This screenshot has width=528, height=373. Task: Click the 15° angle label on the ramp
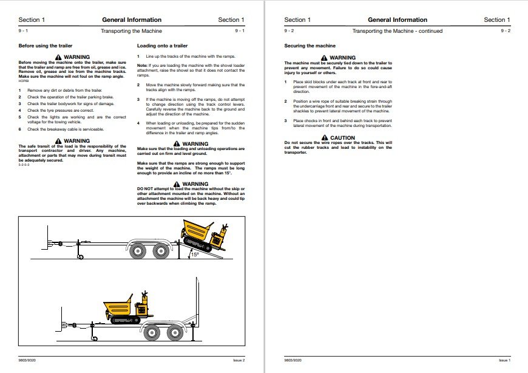195,255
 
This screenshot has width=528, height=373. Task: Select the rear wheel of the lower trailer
175,332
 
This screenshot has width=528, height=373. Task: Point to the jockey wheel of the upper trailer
80,258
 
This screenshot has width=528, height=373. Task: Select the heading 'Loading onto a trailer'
162,46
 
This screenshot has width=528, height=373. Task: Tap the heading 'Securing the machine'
310,46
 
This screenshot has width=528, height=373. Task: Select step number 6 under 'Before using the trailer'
19,129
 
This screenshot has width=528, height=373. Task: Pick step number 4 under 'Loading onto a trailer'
138,123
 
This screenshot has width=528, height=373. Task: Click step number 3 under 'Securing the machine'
286,121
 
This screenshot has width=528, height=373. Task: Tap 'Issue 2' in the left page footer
239,360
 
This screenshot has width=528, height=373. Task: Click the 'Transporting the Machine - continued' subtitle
398,31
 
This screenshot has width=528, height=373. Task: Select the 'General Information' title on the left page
132,20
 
